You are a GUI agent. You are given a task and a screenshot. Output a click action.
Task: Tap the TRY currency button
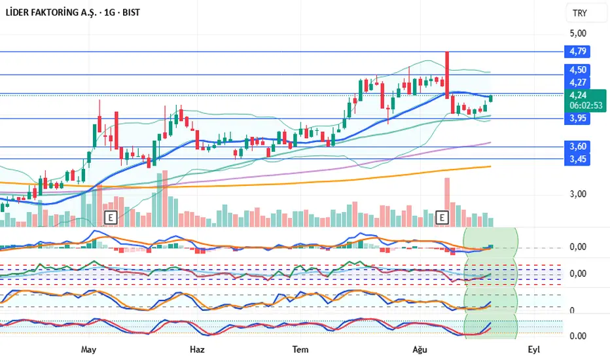pos(579,13)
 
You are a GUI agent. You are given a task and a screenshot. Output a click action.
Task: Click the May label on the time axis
pos(89,350)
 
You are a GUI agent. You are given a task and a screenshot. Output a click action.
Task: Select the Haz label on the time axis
pos(196,350)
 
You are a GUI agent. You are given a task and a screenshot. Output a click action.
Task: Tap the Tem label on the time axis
pos(300,350)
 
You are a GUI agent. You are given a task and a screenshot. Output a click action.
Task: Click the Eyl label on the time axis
pos(534,350)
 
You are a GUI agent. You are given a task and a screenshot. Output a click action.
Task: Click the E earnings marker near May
pos(111,216)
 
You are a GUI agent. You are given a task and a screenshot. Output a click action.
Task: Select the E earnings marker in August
pos(442,216)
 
